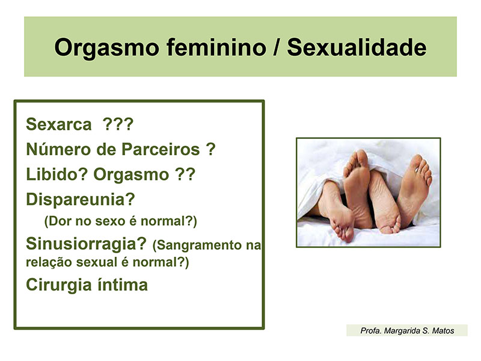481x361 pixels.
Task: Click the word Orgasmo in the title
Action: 106,48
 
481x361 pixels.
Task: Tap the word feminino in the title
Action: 216,47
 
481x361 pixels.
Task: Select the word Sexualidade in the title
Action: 357,47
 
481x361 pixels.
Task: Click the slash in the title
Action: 277,47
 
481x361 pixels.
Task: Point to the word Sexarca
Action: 59,125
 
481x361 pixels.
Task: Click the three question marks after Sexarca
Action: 118,124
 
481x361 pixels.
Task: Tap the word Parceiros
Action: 161,149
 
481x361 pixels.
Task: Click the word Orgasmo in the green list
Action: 131,175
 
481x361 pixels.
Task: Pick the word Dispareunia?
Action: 81,200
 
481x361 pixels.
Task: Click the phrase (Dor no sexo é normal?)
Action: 121,221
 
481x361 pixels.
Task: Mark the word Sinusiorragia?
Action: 86,244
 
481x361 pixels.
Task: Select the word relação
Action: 49,262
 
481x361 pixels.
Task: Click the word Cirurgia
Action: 59,285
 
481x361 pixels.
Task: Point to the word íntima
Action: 123,285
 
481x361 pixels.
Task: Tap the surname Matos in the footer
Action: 443,330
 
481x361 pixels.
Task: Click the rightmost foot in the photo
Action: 414,190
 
